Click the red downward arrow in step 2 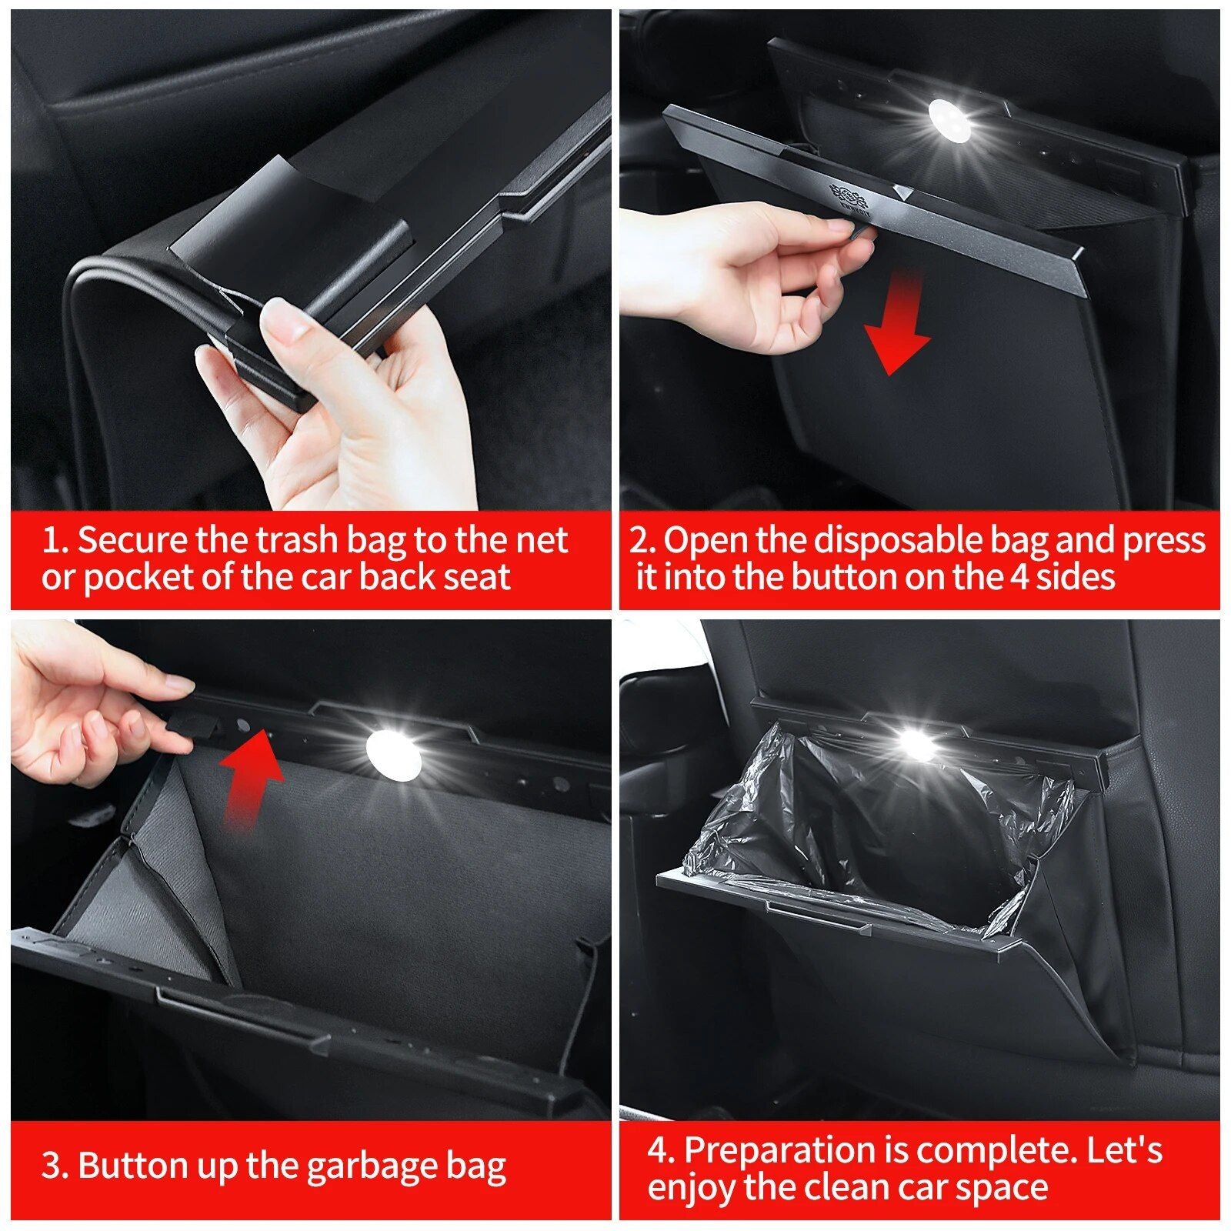[x=897, y=327]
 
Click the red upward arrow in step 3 [x=252, y=777]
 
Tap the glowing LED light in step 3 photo [x=393, y=755]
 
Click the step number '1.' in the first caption [x=55, y=541]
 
